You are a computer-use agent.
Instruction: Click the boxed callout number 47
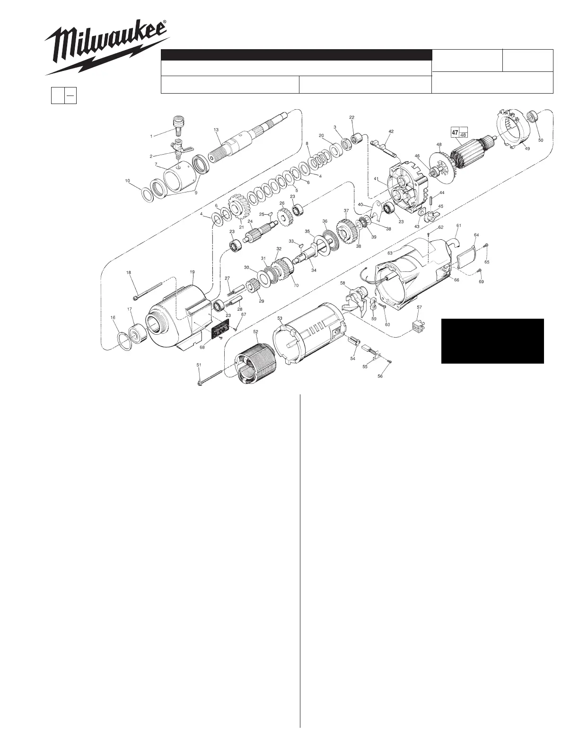pyautogui.click(x=455, y=132)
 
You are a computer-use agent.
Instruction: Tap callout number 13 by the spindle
pyautogui.click(x=216, y=130)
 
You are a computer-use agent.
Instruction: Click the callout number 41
pyautogui.click(x=376, y=179)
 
